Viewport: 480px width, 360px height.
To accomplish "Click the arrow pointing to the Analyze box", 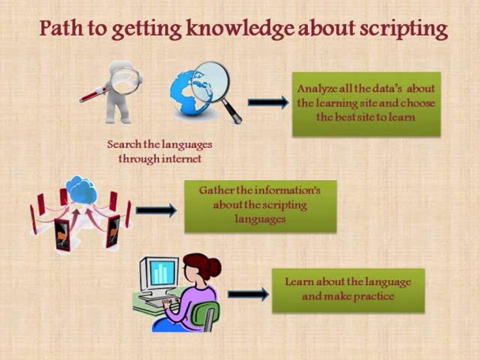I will pyautogui.click(x=267, y=102).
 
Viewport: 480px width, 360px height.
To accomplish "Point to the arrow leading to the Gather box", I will pyautogui.click(x=156, y=210).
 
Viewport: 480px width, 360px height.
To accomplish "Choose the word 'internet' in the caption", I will pyautogui.click(x=184, y=159).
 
